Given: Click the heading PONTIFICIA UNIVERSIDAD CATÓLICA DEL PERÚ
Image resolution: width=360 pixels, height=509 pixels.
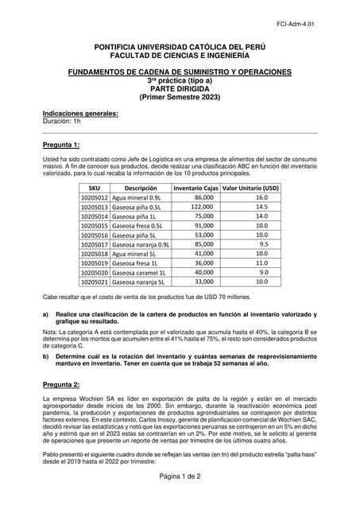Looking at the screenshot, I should click(179, 49).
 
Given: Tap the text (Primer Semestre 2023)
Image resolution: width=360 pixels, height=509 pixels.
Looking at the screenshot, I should click(179, 97).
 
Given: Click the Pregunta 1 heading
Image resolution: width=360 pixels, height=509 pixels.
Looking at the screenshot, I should click(60, 146).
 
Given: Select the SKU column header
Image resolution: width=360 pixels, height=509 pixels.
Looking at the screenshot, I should click(95, 188).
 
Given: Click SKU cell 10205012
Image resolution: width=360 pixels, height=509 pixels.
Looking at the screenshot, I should click(95, 197).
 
